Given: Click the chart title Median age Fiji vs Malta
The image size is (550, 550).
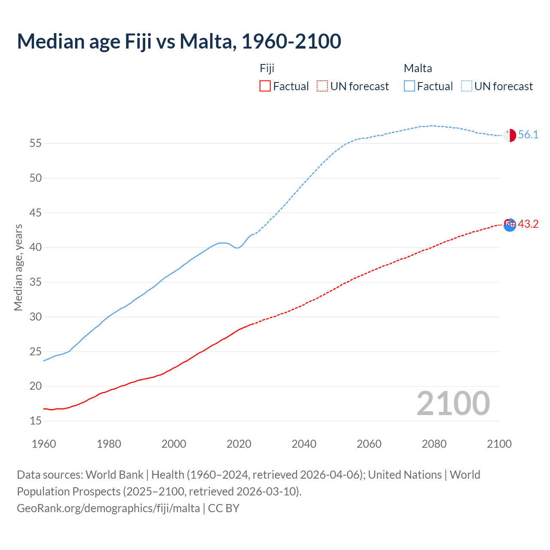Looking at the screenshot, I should pyautogui.click(x=179, y=42).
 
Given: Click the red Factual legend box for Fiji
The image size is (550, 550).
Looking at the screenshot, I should pyautogui.click(x=265, y=86).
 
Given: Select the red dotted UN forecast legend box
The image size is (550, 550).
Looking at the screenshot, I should pyautogui.click(x=322, y=86).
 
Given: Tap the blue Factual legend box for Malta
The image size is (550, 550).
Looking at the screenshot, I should pyautogui.click(x=409, y=86).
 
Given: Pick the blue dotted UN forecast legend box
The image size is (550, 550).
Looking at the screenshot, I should pyautogui.click(x=467, y=86).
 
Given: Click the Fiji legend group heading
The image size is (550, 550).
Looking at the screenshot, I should pyautogui.click(x=267, y=68).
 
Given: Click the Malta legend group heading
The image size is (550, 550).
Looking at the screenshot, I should pyautogui.click(x=418, y=68).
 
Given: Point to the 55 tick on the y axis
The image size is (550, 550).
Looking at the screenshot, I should pyautogui.click(x=36, y=143).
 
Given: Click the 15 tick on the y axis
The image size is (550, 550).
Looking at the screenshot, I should pyautogui.click(x=36, y=421).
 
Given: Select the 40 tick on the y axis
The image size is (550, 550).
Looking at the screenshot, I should pyautogui.click(x=36, y=247).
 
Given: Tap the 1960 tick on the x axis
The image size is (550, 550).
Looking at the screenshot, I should pyautogui.click(x=44, y=444).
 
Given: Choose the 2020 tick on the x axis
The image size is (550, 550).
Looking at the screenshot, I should pyautogui.click(x=239, y=444).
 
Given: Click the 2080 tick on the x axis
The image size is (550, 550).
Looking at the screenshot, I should pyautogui.click(x=434, y=444).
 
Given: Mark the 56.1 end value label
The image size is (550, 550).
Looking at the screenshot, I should pyautogui.click(x=528, y=135).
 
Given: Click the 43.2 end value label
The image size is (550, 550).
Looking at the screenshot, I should pyautogui.click(x=528, y=224).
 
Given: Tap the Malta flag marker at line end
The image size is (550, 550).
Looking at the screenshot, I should pyautogui.click(x=510, y=135).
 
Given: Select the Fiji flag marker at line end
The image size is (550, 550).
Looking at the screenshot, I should pyautogui.click(x=510, y=224).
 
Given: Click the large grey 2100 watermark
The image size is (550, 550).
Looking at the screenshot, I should pyautogui.click(x=453, y=403).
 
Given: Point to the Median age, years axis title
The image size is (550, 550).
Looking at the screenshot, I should pyautogui.click(x=18, y=267).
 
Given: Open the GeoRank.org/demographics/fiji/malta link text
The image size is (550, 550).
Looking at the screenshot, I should pyautogui.click(x=108, y=508).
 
